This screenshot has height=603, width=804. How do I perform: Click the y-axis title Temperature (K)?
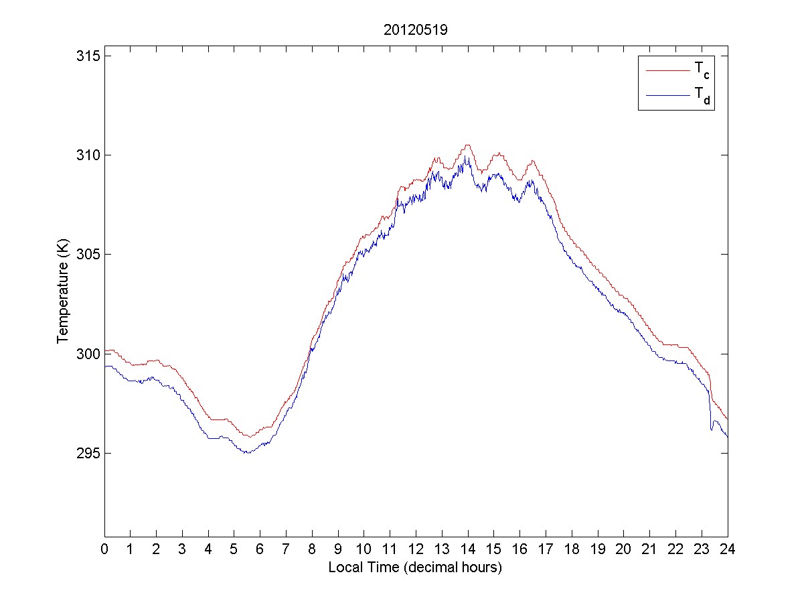tap(63, 293)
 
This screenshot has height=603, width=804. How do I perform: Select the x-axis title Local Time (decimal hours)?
tap(415, 567)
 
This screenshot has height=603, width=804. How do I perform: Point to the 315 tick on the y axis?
tap(89, 56)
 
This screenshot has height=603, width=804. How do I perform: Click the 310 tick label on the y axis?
tap(89, 155)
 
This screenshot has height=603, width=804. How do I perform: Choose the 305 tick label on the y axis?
tap(89, 254)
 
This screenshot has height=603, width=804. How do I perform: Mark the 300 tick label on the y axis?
tap(89, 354)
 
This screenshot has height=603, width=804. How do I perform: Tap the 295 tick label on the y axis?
tap(89, 453)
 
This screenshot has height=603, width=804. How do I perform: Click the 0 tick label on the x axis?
tap(104, 549)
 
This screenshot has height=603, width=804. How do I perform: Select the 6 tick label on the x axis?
tap(260, 549)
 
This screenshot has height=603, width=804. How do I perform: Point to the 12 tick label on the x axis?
tap(416, 549)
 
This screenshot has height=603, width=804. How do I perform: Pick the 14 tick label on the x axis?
tap(468, 549)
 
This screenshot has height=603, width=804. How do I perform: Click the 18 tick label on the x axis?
tap(572, 549)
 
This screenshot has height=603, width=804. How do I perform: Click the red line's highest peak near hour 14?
tap(467, 145)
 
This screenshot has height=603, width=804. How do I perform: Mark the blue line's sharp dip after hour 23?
tap(712, 429)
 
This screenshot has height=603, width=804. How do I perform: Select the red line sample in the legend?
tap(667, 70)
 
